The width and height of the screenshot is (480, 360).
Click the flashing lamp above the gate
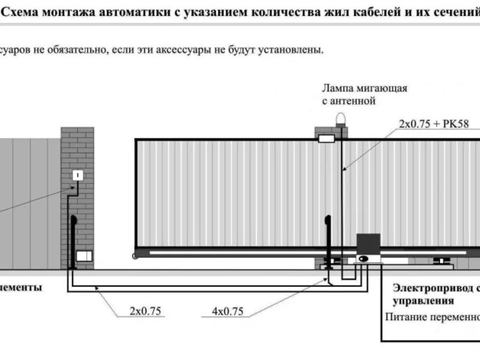pos(340,118)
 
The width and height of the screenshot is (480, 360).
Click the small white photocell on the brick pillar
pos(78,175)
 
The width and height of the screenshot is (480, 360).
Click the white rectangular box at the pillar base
pos(85,256)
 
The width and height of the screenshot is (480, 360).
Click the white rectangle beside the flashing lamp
pos(326,139)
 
